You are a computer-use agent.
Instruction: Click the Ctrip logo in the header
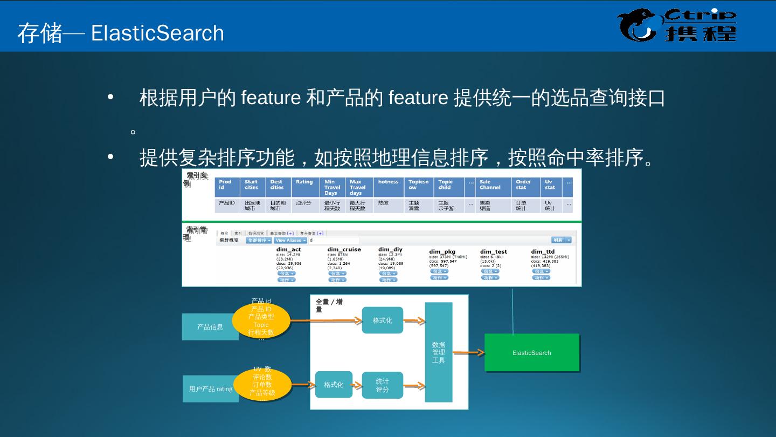pos(677,26)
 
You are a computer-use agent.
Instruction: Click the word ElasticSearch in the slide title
pos(157,33)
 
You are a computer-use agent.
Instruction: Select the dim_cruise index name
pos(344,250)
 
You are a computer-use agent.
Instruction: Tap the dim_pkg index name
pos(442,251)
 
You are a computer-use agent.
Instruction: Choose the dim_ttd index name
pos(543,251)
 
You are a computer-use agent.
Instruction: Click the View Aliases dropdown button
pos(290,241)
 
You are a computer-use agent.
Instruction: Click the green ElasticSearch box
pos(532,353)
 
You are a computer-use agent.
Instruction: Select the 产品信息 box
pos(210,327)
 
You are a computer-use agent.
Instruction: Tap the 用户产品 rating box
pos(210,389)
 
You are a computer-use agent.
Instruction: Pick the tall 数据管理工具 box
pos(439,352)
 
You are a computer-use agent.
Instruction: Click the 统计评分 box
pos(383,385)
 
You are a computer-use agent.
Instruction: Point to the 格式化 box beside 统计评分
pos(334,385)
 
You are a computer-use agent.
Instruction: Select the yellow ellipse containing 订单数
pos(262,385)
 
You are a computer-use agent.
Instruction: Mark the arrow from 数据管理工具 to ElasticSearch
pos(468,353)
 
